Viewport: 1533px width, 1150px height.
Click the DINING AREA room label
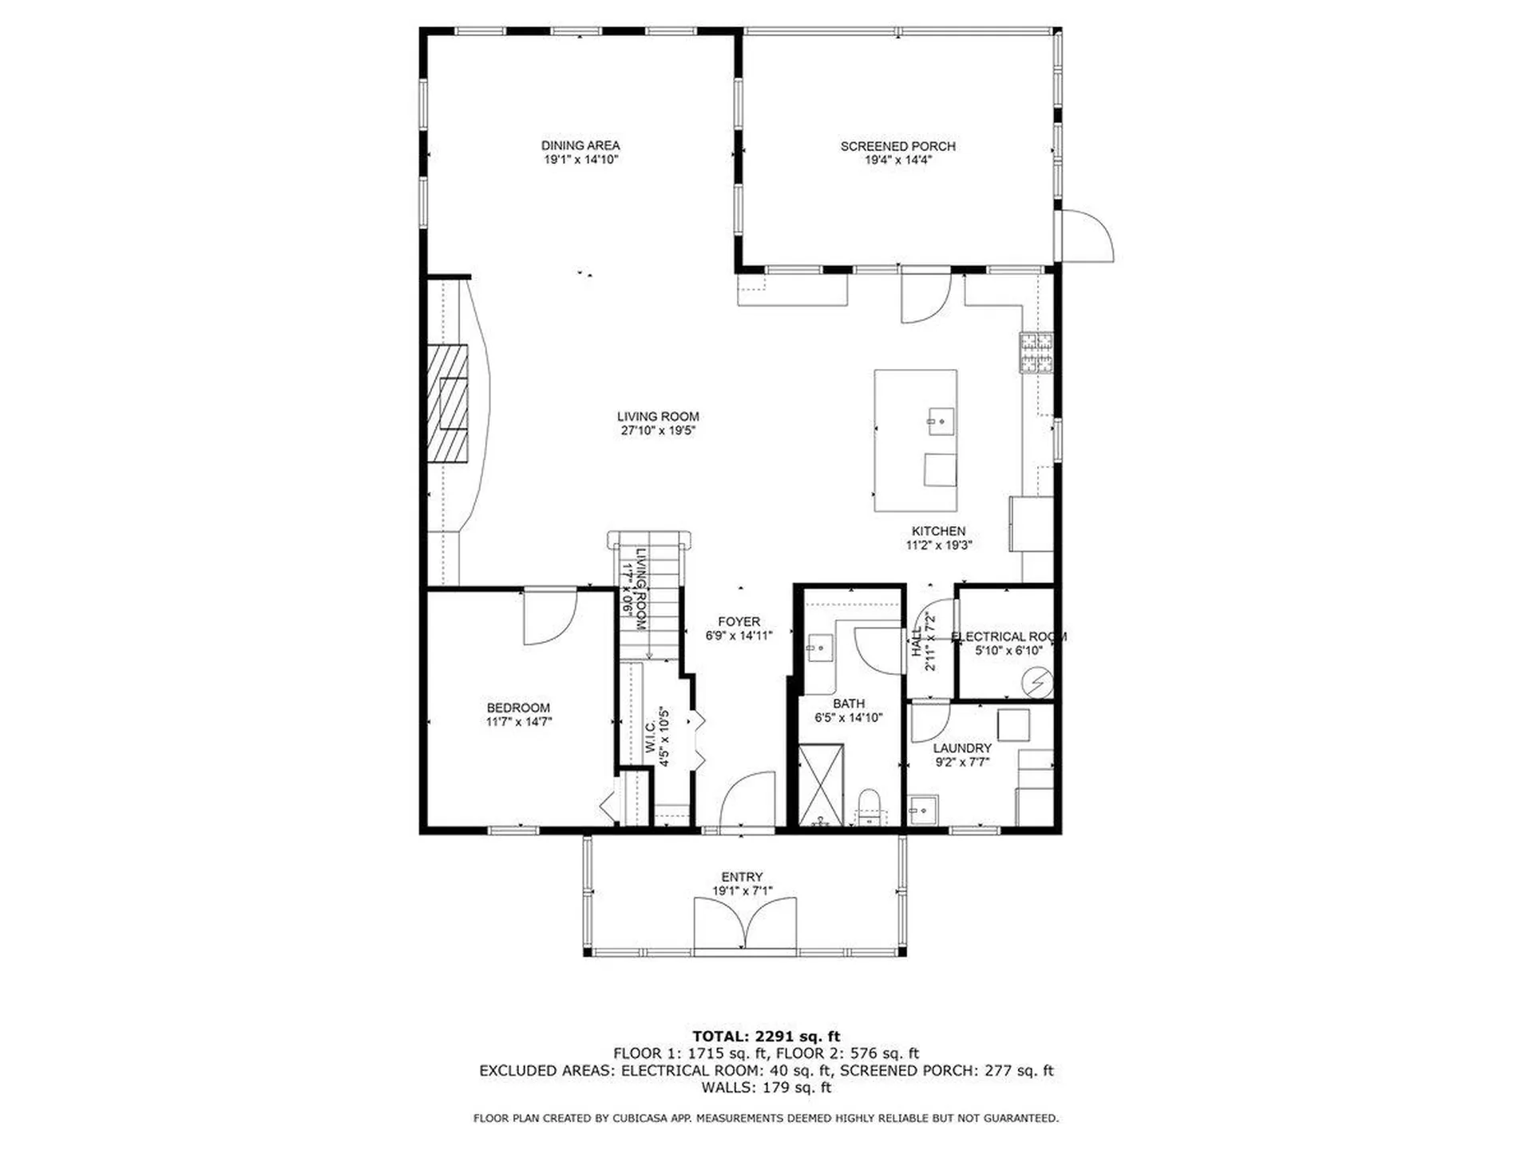click(x=580, y=145)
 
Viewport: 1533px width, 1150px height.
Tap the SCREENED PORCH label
click(x=897, y=146)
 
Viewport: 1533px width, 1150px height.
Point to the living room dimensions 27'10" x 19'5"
click(x=658, y=430)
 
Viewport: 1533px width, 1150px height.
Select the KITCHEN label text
click(x=938, y=531)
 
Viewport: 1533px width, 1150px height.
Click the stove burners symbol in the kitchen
click(x=1036, y=353)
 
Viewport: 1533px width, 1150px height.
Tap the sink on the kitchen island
click(x=941, y=421)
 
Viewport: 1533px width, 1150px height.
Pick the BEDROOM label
click(x=518, y=708)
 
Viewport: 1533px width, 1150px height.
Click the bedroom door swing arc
click(x=559, y=631)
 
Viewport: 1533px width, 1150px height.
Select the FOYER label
click(x=739, y=621)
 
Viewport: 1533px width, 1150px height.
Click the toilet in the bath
click(x=868, y=806)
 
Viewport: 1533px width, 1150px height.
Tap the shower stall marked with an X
click(x=822, y=784)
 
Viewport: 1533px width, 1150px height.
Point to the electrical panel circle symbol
click(x=1038, y=683)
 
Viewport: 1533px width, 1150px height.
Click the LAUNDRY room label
click(x=962, y=748)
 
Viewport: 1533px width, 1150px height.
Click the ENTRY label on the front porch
click(x=742, y=877)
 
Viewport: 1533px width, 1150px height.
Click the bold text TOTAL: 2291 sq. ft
click(x=766, y=1037)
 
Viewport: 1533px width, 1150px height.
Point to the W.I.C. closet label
click(x=650, y=736)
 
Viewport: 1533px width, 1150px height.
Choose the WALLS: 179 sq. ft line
click(x=766, y=1088)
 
